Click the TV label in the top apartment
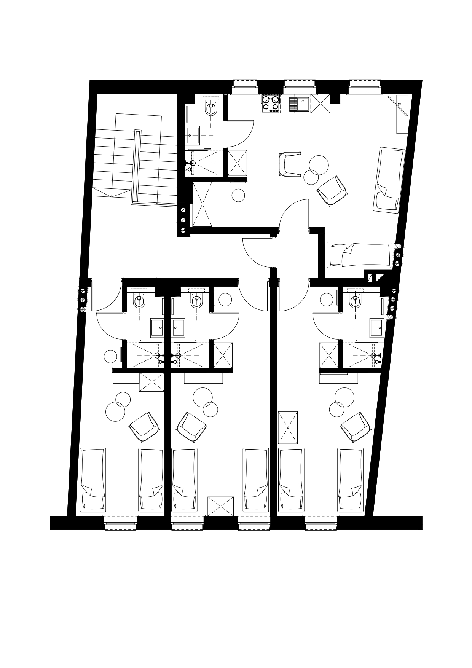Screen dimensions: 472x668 tap(399, 104)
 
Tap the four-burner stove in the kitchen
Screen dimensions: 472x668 tap(271, 104)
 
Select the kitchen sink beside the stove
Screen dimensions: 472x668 tap(300, 104)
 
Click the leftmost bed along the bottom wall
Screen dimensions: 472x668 tap(93, 480)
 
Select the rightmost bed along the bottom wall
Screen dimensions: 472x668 tap(351, 480)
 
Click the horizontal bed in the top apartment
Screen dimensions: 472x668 tap(359, 254)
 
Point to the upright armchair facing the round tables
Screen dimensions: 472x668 tap(290, 164)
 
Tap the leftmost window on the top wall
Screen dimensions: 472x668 tap(245, 86)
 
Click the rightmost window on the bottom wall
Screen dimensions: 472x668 tap(321, 522)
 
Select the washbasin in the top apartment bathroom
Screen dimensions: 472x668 tap(194, 135)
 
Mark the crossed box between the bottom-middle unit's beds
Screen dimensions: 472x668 tap(220, 506)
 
